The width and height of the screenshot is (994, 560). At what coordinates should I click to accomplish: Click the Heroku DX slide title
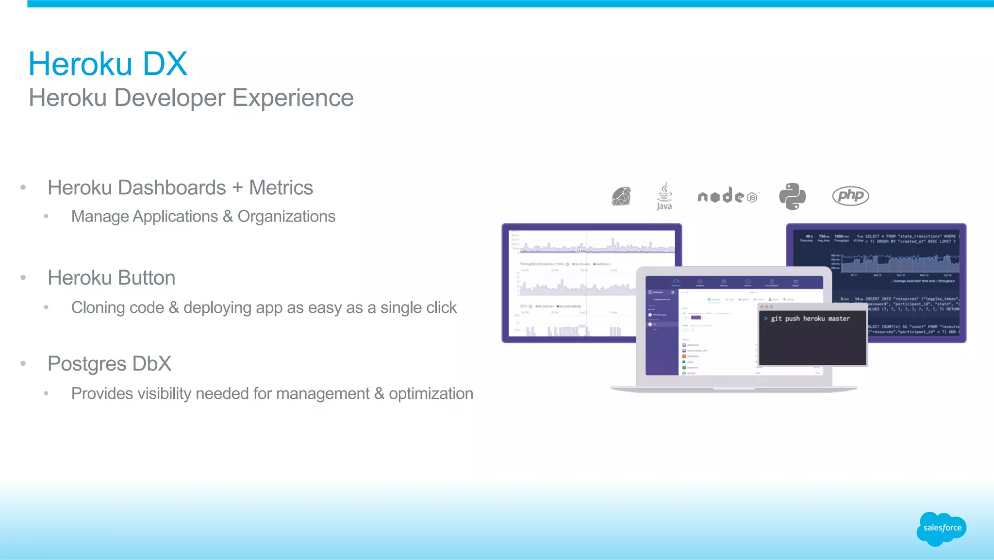[x=108, y=64]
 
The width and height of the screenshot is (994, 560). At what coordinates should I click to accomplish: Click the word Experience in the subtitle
[x=293, y=98]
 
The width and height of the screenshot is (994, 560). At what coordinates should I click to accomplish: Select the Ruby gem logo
[x=621, y=196]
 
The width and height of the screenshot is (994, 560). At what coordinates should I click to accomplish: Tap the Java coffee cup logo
[x=664, y=196]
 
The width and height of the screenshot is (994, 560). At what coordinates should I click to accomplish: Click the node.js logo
[x=727, y=196]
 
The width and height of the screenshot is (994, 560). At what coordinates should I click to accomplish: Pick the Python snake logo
[x=792, y=196]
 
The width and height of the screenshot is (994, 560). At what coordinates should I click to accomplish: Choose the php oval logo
[x=850, y=196]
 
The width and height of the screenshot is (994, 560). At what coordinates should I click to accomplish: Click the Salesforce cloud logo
[x=942, y=528]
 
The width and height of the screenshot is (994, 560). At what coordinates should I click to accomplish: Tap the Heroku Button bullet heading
[x=111, y=278]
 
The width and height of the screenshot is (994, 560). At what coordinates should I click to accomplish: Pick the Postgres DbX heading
[x=109, y=364]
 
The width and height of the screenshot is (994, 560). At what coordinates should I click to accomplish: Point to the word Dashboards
[x=172, y=188]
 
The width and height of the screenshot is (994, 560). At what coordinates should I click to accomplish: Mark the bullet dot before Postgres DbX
[x=23, y=363]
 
